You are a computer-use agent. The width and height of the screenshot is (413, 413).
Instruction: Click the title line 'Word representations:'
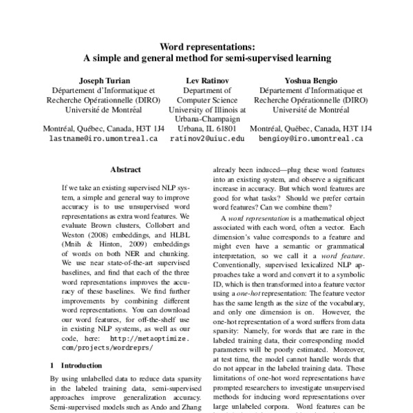coord(206,47)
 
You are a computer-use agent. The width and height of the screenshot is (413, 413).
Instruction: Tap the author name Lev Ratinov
coord(206,80)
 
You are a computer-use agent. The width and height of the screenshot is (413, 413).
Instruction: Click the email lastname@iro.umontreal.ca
coord(104,138)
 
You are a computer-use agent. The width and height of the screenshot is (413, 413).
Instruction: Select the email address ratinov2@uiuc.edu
coord(207,138)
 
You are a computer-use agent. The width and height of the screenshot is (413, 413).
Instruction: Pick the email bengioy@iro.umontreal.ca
coord(311,138)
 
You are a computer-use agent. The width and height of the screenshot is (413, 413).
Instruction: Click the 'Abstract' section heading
coord(126,169)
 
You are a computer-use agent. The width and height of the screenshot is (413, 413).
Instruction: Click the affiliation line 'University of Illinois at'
coord(207,109)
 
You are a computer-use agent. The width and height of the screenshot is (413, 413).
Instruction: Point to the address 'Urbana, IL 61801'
coord(207,128)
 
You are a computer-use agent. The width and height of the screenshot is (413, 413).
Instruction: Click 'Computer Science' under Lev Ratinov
coord(207,99)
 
